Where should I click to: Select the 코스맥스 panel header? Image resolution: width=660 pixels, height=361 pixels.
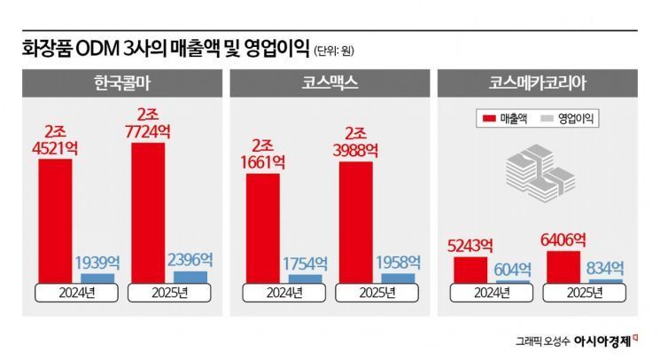(x=330, y=87)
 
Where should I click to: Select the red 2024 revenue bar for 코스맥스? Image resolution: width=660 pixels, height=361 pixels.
(x=262, y=227)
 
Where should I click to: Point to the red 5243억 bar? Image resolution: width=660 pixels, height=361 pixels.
(x=470, y=269)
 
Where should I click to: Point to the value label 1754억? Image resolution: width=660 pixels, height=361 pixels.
(x=306, y=264)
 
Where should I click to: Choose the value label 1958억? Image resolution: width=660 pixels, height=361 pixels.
(x=399, y=263)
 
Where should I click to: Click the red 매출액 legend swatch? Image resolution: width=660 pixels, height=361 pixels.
(x=487, y=119)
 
